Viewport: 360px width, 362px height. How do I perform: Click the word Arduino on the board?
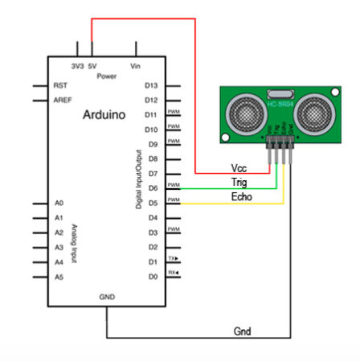click(104, 115)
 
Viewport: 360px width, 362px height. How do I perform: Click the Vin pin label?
click(134, 65)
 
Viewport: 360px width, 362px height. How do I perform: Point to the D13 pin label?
click(151, 84)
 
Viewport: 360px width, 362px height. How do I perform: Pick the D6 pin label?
click(151, 188)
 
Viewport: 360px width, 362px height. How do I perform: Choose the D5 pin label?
click(151, 203)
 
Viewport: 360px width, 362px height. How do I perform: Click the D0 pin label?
click(151, 277)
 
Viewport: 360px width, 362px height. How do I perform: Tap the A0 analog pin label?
click(58, 204)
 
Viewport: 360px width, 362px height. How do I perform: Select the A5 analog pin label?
click(58, 277)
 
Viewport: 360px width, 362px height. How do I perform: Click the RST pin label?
click(59, 84)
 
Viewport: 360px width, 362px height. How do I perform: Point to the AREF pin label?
click(62, 100)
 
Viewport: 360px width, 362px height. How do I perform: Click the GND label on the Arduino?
click(108, 297)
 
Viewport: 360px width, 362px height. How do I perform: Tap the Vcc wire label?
click(239, 168)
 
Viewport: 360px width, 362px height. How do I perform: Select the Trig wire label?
click(239, 182)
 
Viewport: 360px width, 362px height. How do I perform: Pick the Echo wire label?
click(241, 196)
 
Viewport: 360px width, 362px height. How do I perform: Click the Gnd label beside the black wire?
click(242, 331)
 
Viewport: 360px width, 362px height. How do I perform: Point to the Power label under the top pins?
click(107, 76)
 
